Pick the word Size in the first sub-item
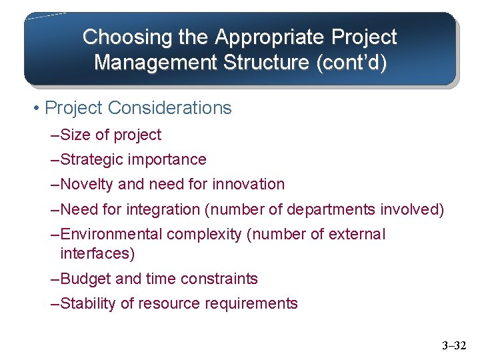[75, 135]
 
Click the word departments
[331, 210]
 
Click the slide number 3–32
[455, 345]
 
